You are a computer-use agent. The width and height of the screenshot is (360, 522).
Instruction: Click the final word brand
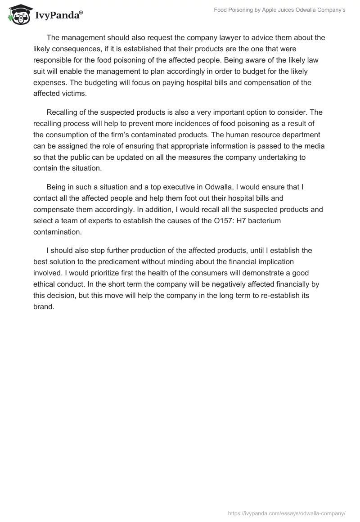point(44,306)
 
